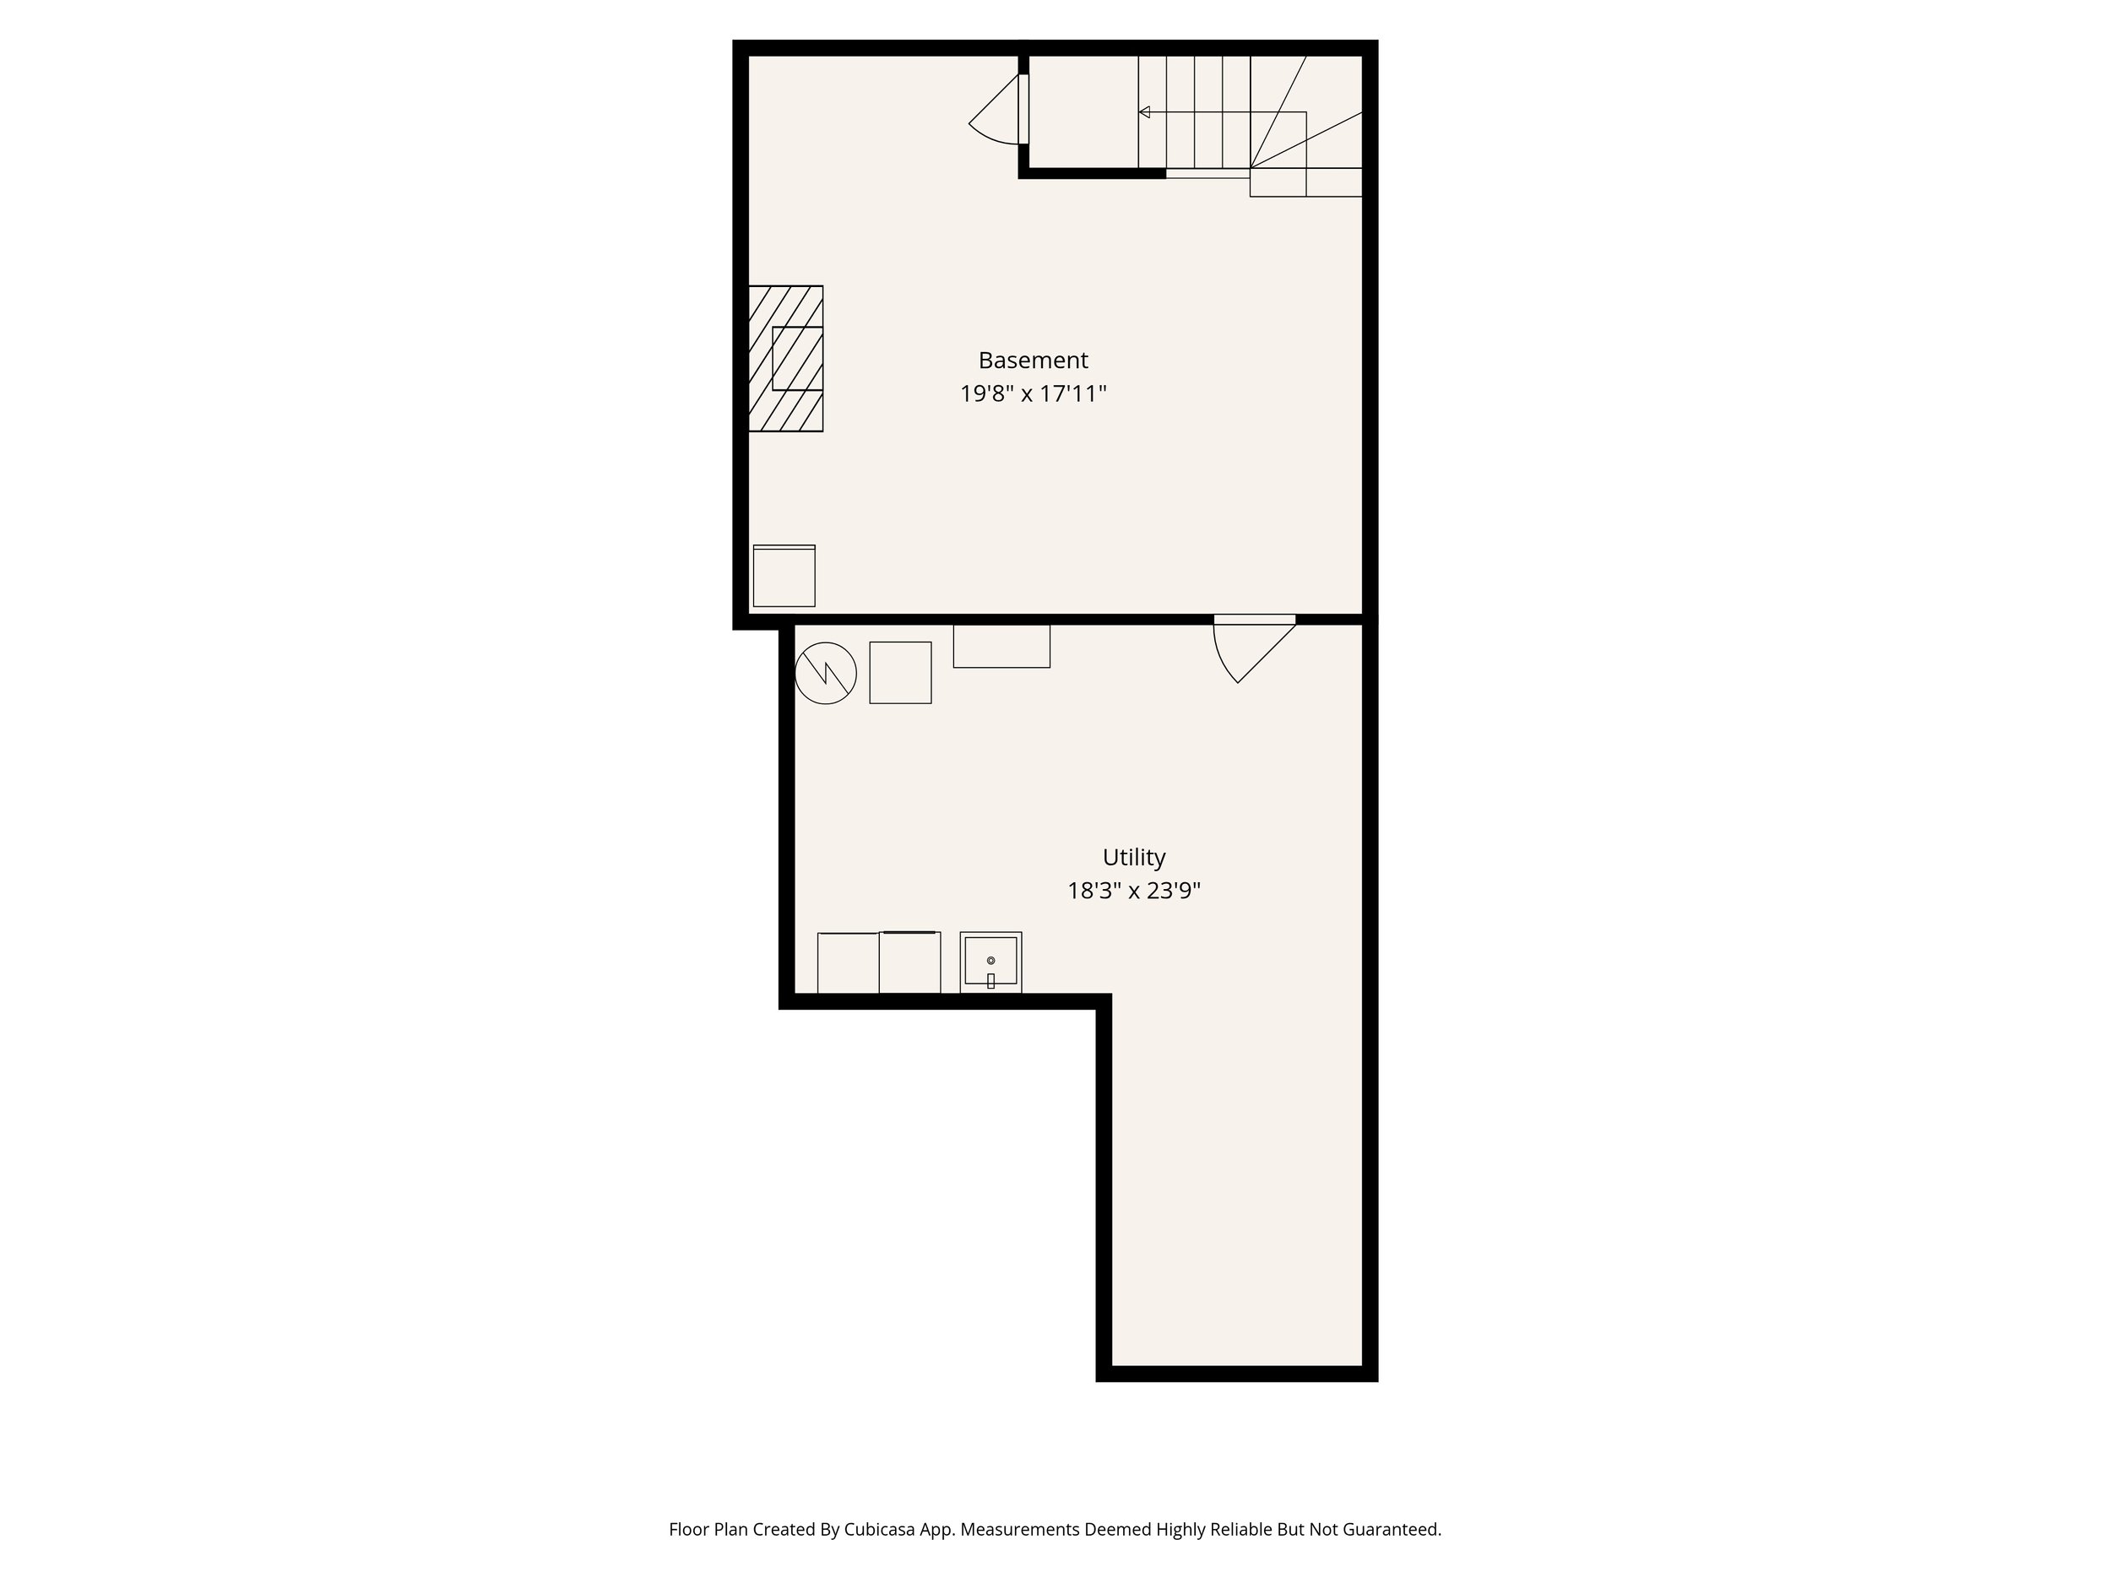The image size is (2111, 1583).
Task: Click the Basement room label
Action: tap(1033, 361)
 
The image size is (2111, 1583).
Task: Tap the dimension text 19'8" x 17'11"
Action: tap(1033, 394)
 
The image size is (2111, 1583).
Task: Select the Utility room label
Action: tap(1134, 857)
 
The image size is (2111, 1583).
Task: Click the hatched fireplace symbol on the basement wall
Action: tap(785, 359)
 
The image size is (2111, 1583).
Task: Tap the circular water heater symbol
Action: tap(826, 674)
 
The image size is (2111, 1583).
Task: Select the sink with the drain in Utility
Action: tap(990, 962)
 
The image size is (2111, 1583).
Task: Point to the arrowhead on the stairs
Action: tap(1144, 112)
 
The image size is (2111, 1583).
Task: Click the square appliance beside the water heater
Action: tap(900, 673)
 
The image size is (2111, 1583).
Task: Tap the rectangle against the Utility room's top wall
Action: tap(1001, 646)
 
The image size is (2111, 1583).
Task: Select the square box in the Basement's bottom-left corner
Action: tap(784, 577)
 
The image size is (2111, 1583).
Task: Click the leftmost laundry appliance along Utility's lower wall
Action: tap(848, 962)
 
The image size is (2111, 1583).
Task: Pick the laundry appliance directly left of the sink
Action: tap(909, 962)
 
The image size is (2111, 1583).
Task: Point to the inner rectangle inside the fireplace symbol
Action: tap(798, 358)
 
